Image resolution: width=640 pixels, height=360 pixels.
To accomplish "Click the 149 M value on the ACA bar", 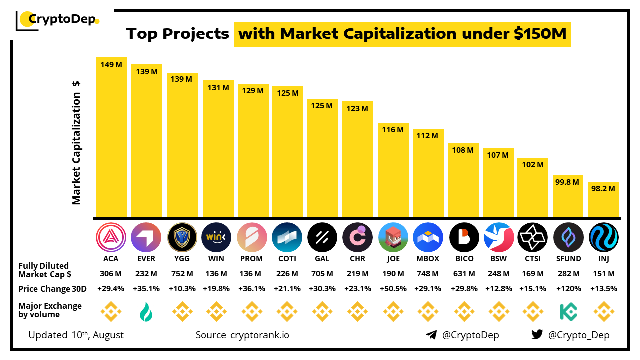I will coord(111,64).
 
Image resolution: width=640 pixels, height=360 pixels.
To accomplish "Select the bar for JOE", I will coord(393,170).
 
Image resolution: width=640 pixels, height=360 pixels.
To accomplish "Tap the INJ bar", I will coord(603,200).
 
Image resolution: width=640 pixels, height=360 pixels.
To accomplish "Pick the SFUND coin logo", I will coord(568,237).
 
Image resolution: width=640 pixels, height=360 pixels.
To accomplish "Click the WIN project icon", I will coord(216,237).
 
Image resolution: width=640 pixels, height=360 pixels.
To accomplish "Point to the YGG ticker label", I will coord(181,259).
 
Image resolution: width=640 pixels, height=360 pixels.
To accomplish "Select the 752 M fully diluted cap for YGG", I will coord(181,274).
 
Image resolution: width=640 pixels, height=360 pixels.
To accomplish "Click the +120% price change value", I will coord(568,289).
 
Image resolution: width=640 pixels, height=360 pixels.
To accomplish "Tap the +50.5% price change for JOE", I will coord(393,289).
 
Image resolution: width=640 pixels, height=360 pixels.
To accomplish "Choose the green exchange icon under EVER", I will coord(146,312).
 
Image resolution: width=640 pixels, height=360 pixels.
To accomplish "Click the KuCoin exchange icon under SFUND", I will coord(568,312).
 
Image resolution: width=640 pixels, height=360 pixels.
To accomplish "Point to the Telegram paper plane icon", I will coord(431,335).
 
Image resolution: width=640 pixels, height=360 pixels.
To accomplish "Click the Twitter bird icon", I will coord(537,335).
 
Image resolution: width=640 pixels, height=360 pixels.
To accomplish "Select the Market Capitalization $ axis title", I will coord(76,142).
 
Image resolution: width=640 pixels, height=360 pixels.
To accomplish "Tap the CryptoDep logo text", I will coord(63,19).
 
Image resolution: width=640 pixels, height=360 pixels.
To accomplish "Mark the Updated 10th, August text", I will coord(76,335).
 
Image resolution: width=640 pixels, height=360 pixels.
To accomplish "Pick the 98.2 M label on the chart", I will coord(603,189).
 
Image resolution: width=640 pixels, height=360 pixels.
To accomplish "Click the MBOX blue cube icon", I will coord(428,237).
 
